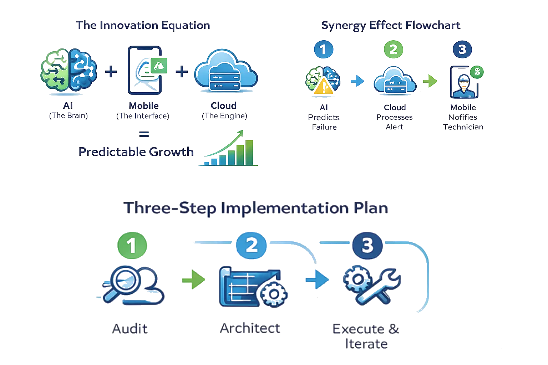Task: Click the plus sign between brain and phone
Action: (111, 72)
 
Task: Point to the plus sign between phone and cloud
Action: (182, 72)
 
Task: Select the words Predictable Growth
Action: (136, 152)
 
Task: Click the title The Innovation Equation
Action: (143, 26)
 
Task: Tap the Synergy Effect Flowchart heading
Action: (391, 26)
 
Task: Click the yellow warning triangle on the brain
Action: (323, 87)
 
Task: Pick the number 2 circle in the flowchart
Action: (394, 49)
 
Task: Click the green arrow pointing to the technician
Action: (430, 82)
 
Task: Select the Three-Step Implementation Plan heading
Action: (256, 208)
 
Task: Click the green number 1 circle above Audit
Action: (132, 246)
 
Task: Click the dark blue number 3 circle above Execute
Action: (367, 246)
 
